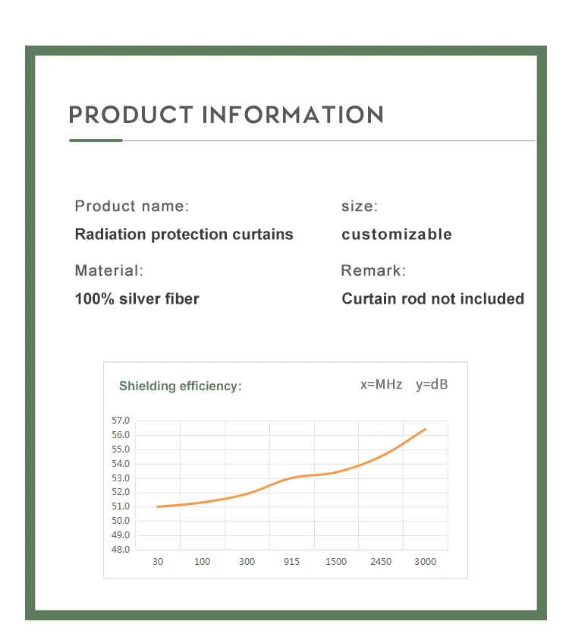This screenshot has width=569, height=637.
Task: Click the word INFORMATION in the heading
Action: pos(293,115)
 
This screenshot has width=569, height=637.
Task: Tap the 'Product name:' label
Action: pos(132,206)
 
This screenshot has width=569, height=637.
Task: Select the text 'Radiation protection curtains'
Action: pos(184,234)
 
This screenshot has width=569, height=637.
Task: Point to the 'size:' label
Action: pos(360,206)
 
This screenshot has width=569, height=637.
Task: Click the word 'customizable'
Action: pos(397,234)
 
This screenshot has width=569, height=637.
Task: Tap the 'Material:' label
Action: pos(108,270)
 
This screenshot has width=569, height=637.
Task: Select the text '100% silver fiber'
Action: pos(137,298)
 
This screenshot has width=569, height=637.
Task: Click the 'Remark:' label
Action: pos(373,270)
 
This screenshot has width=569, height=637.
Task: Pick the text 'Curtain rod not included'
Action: pos(432,298)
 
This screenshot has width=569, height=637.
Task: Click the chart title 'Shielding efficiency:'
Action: pos(180,386)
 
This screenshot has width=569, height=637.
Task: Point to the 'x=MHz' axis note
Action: pos(381,384)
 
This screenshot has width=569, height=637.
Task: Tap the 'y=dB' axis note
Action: pos(432,384)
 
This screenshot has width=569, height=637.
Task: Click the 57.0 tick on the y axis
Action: pos(121,421)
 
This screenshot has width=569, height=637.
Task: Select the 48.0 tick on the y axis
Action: pos(121,549)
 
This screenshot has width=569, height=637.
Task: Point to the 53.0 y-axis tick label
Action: pos(121,478)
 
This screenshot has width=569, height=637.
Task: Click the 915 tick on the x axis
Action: pos(291,562)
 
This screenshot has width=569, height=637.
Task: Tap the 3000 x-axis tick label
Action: pos(425,562)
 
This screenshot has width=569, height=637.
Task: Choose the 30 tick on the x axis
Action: pos(158,562)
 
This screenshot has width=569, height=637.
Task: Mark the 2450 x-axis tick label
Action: pos(381,562)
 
